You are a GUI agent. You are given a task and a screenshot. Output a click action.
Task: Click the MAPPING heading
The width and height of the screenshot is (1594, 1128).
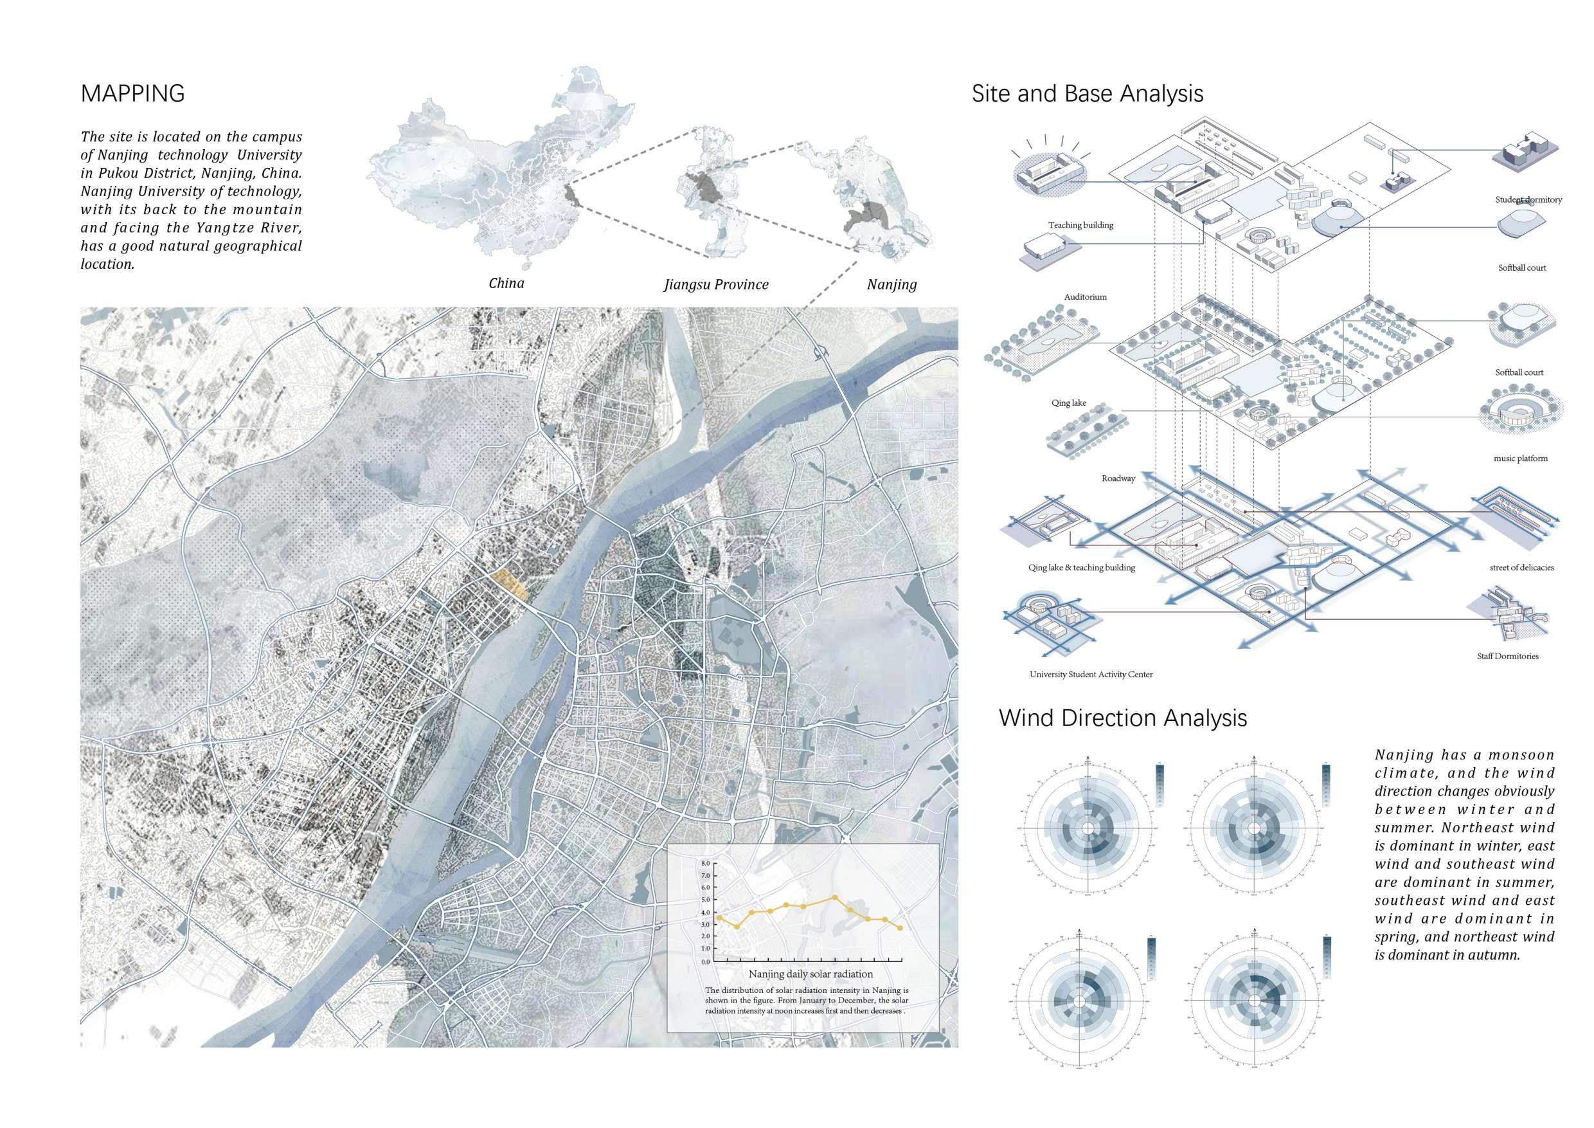(x=132, y=93)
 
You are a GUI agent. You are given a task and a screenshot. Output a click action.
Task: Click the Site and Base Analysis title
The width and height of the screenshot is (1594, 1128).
(x=1087, y=93)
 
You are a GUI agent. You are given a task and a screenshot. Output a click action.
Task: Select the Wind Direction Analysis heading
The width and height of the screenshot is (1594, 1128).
(x=1123, y=718)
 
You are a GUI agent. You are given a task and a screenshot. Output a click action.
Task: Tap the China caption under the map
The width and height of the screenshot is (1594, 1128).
(x=506, y=283)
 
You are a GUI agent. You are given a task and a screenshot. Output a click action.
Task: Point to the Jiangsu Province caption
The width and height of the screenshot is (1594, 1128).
(x=716, y=284)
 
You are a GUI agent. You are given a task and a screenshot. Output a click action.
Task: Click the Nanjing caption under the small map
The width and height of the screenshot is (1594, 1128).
(x=891, y=284)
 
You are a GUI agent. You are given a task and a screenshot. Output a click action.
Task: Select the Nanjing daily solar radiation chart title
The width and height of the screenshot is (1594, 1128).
(x=810, y=974)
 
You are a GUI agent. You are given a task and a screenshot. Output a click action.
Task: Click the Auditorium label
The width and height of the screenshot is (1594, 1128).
(x=1085, y=296)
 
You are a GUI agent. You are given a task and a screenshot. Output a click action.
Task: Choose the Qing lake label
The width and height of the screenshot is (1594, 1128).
(x=1068, y=403)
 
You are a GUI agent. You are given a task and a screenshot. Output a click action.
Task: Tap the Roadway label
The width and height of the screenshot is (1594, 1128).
(x=1118, y=478)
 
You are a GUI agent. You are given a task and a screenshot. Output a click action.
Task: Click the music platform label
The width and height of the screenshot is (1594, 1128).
(x=1521, y=459)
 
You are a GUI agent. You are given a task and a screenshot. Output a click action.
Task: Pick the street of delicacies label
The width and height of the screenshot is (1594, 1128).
(x=1521, y=567)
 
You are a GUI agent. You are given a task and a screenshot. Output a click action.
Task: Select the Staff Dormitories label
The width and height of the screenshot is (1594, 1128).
(x=1507, y=656)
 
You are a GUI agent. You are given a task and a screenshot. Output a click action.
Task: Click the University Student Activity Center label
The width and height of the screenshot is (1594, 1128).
(x=1091, y=674)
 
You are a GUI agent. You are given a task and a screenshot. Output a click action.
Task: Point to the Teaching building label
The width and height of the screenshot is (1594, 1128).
(x=1080, y=225)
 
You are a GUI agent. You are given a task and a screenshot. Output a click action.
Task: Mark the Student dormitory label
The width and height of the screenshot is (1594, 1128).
(x=1528, y=200)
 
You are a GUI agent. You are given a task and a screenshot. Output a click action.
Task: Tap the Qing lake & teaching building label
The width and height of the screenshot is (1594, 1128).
(x=1081, y=567)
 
